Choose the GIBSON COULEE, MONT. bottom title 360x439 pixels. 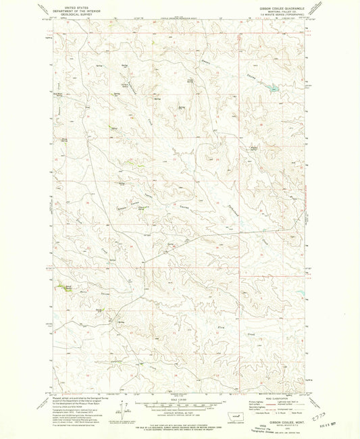tap(284, 419)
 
